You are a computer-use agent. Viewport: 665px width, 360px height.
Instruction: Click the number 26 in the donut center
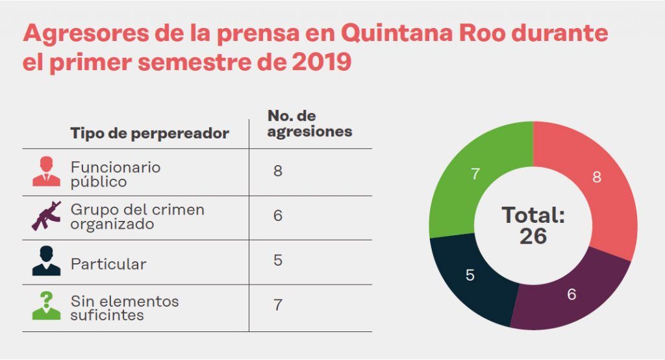(533, 237)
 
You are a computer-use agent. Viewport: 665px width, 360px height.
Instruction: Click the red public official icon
(46, 172)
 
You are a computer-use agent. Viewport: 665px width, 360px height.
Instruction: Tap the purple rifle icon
(46, 216)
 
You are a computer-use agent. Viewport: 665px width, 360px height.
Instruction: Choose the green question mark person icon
(46, 305)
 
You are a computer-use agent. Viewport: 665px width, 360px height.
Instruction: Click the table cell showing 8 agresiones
(278, 172)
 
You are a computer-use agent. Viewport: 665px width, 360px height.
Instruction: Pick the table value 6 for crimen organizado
(278, 216)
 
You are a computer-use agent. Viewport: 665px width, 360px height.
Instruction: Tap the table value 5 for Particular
(278, 260)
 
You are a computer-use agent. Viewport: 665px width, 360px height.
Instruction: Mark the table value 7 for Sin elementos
(278, 304)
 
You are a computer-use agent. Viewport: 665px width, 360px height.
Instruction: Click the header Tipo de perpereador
(149, 133)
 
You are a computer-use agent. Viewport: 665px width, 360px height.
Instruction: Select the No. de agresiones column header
(309, 123)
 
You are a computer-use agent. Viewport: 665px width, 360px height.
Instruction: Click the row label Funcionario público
(115, 174)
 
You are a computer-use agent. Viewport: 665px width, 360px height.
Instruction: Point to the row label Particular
(108, 264)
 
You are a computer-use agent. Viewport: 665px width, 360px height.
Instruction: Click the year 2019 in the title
(321, 62)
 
